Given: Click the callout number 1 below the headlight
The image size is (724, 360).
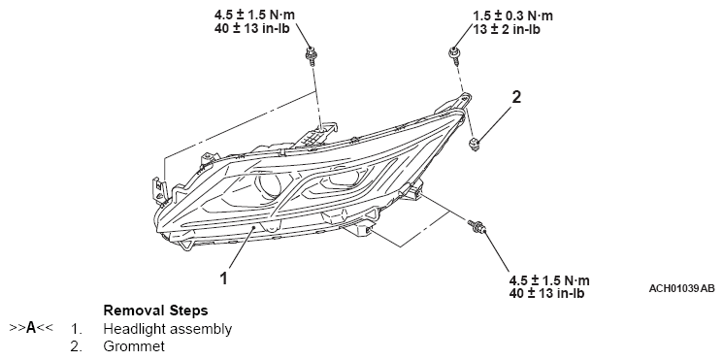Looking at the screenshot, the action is [x=223, y=278].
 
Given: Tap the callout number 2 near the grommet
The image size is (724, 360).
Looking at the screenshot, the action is [x=516, y=97].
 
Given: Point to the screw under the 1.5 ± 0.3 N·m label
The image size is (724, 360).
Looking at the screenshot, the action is [x=454, y=53].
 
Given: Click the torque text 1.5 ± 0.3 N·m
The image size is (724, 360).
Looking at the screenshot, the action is [x=512, y=16].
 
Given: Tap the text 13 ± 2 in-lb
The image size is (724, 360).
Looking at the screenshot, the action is [x=507, y=29].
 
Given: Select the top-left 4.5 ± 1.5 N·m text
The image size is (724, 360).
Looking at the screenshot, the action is [x=254, y=15].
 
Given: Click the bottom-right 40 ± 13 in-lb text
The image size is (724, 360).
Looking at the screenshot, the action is [x=546, y=293].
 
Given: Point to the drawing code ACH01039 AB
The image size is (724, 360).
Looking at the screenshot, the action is [x=681, y=288].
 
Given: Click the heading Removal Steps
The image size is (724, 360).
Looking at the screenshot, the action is [x=155, y=311].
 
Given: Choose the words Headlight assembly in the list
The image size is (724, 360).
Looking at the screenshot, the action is [x=168, y=329].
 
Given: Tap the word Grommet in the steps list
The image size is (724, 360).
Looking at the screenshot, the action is [x=134, y=346].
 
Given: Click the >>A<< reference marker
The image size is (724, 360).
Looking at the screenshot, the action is [x=31, y=328].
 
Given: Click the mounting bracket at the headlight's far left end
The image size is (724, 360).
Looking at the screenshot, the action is [x=159, y=191].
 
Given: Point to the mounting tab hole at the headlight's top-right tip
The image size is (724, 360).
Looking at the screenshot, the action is [x=465, y=97].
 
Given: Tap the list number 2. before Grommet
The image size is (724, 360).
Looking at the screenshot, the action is [x=77, y=346].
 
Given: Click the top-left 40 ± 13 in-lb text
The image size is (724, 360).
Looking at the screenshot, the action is [x=251, y=28].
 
